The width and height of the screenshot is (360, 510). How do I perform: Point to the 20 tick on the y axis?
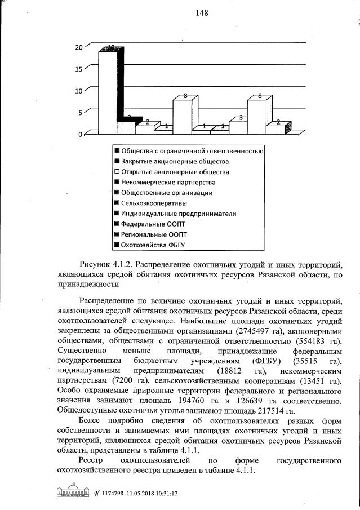79,47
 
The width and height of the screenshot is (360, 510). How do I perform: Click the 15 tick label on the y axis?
79,69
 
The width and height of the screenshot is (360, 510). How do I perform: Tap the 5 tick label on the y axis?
81,112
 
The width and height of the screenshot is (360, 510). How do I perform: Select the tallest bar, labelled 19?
108,90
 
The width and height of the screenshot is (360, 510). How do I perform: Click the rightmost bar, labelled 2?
276,129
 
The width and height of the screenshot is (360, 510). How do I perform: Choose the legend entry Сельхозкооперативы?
157,203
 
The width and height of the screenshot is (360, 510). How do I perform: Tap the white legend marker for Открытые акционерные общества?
116,172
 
